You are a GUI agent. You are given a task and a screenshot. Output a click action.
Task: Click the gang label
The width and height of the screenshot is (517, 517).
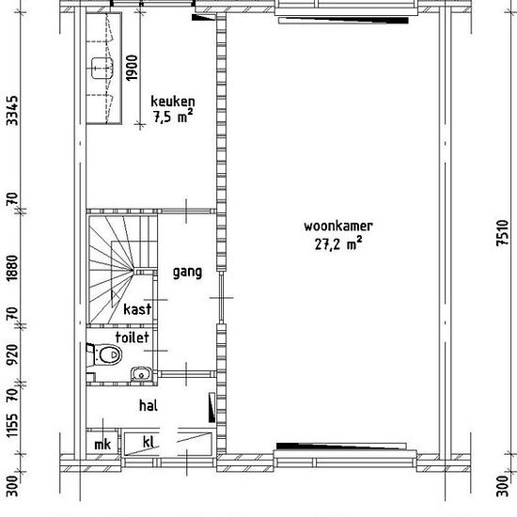pos(187,273)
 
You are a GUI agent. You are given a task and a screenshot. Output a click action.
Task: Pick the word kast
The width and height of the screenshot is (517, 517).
pos(137,308)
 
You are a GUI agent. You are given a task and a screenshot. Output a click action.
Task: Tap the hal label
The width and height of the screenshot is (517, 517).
pos(146,406)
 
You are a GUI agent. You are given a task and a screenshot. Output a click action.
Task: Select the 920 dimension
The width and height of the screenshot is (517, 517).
pos(12,355)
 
